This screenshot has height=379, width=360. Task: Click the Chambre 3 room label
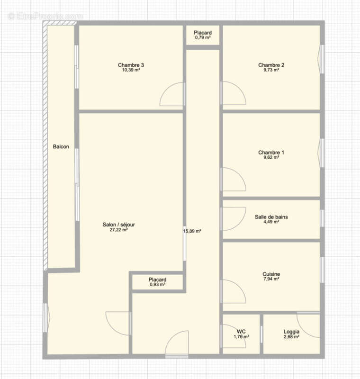pyautogui.click(x=131, y=65)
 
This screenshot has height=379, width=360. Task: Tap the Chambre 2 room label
pyautogui.click(x=271, y=65)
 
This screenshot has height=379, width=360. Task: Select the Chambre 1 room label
pyautogui.click(x=271, y=153)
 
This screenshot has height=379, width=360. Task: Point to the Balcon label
pyautogui.click(x=61, y=147)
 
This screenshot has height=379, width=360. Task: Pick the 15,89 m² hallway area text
pyautogui.click(x=193, y=231)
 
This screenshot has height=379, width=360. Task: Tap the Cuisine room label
pyautogui.click(x=271, y=274)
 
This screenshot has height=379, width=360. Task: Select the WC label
pyautogui.click(x=241, y=331)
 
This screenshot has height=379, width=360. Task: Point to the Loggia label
pyautogui.click(x=291, y=331)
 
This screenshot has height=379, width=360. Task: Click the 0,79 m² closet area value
pyautogui.click(x=202, y=37)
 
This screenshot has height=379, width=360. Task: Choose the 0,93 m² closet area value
pyautogui.click(x=157, y=285)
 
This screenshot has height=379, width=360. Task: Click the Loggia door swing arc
pyautogui.click(x=308, y=326)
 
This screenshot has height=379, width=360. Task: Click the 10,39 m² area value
pyautogui.click(x=131, y=70)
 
